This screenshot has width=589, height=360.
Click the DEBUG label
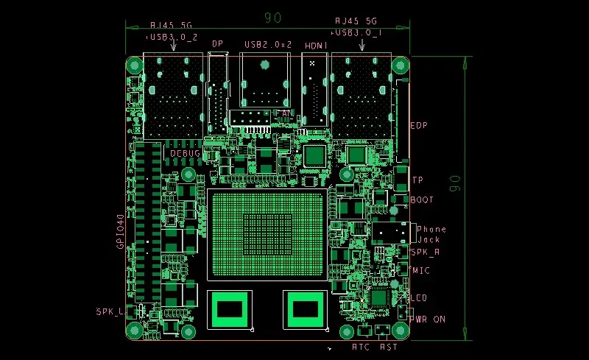click(x=186, y=154)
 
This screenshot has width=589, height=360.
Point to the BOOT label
click(x=422, y=200)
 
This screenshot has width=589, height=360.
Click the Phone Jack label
click(x=431, y=234)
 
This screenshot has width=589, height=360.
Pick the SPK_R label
click(x=425, y=252)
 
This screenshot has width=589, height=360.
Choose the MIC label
click(x=421, y=270)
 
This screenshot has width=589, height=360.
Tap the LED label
click(x=420, y=297)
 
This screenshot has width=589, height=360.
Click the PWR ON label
click(x=429, y=320)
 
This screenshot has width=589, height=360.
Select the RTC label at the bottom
click(x=361, y=346)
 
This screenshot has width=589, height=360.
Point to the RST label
click(x=389, y=346)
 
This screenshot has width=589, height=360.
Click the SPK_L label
click(x=110, y=311)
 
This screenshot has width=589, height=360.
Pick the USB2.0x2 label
click(x=268, y=45)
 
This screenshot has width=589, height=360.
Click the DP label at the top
click(x=217, y=44)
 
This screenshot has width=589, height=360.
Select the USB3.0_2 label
click(x=173, y=35)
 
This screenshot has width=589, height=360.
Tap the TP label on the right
click(x=417, y=180)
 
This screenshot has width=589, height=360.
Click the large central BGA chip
click(x=267, y=234)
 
